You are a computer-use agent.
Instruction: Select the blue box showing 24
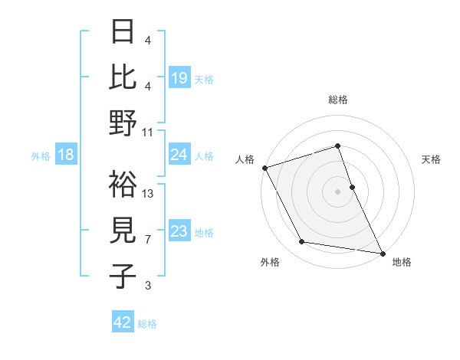pos(179,155)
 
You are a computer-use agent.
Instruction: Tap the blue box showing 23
pos(179,231)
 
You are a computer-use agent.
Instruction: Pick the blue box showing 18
pos(66,155)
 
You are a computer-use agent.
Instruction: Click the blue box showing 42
pos(123,322)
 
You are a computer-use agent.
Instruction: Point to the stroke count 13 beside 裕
pos(148,193)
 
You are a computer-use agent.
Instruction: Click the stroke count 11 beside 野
pos(148,132)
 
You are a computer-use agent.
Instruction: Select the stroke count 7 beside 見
pos(148,240)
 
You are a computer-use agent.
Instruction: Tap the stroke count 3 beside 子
pos(148,286)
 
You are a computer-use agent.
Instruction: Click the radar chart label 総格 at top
pos(337,100)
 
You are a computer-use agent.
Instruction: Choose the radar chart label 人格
pos(245,159)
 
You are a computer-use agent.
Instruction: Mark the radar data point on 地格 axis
pos(382,253)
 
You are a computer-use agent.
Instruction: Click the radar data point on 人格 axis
pos(264,167)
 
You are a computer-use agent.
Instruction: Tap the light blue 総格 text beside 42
pos(147,324)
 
